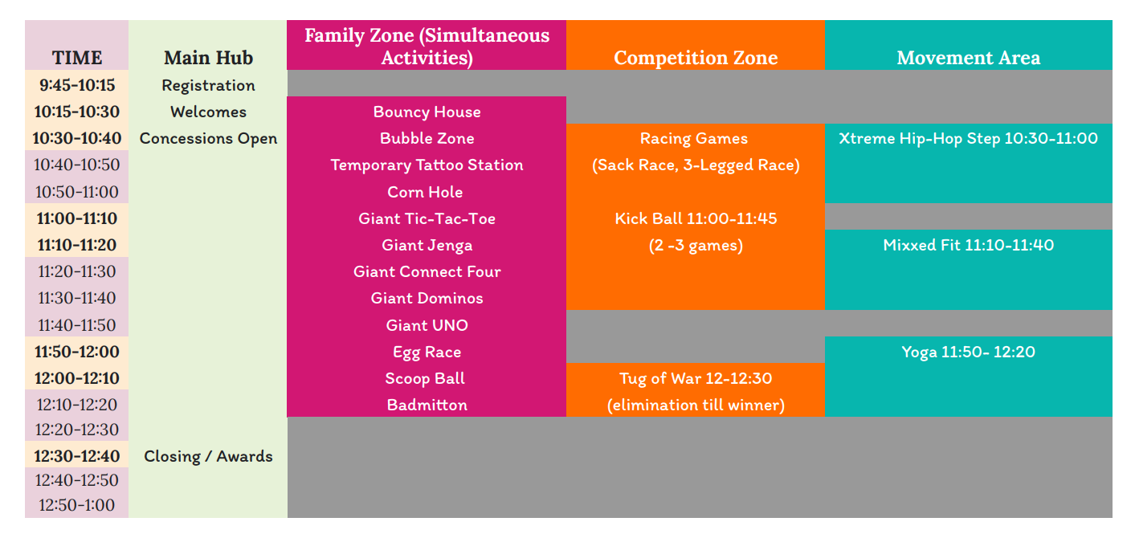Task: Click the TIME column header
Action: [x=77, y=58]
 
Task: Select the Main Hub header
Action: [x=208, y=58]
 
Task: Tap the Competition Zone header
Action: [x=696, y=58]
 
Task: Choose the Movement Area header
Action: [x=968, y=58]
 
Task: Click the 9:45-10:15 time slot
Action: [x=77, y=85]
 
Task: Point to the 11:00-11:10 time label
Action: [x=77, y=218]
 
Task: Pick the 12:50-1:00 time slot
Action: [x=77, y=505]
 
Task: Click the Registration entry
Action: [x=208, y=85]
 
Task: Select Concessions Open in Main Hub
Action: [x=208, y=138]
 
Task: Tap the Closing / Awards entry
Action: [x=208, y=456]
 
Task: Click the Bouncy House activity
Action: [x=427, y=112]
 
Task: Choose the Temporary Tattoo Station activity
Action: [x=427, y=165]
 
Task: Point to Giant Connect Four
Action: [x=427, y=271]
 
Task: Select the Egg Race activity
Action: [x=427, y=352]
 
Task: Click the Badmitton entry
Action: [x=427, y=405]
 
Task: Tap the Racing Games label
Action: [x=694, y=138]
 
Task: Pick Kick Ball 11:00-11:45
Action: [x=696, y=218]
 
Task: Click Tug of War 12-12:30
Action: [x=696, y=378]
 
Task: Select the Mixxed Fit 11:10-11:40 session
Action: [x=968, y=245]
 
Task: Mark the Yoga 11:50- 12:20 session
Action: [x=968, y=352]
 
